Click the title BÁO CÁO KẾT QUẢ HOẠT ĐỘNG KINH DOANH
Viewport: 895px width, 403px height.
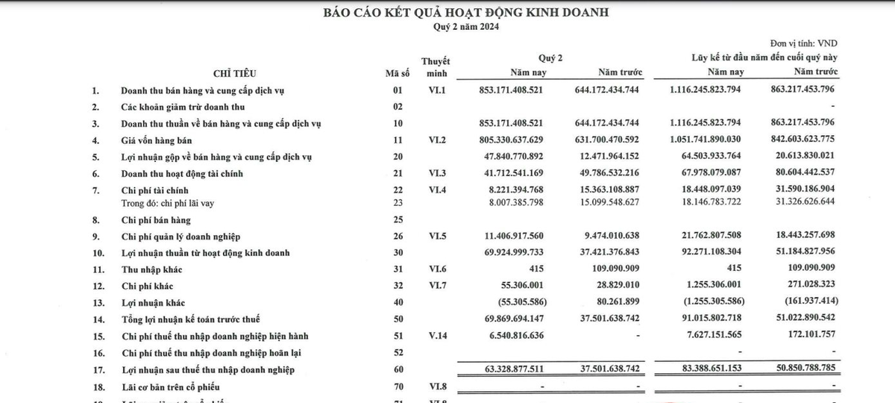coord(466,13)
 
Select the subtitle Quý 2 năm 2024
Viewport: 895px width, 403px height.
coord(466,27)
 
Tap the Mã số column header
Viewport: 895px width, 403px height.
coord(398,72)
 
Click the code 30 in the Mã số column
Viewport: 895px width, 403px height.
coord(398,254)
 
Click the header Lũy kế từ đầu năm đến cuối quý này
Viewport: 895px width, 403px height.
coord(764,57)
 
